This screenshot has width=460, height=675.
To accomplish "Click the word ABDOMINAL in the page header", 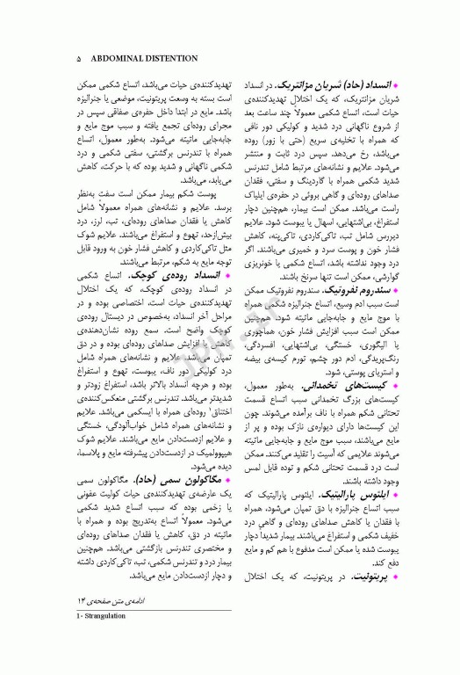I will (x=117, y=60).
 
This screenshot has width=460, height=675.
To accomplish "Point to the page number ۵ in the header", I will (x=79, y=60).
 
